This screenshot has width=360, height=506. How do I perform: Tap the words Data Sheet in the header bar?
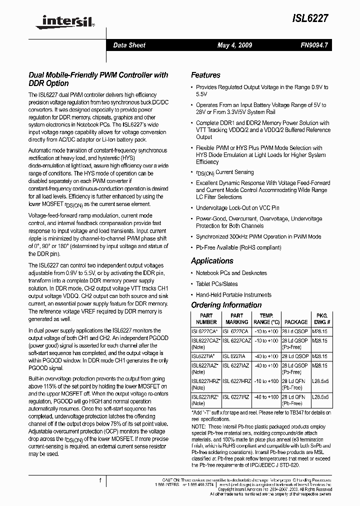(129, 45)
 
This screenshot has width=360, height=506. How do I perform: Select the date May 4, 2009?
(234, 45)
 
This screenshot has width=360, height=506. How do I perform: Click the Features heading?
(205, 75)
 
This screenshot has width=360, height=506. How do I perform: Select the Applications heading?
(212, 260)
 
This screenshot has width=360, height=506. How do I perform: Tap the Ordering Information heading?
(226, 305)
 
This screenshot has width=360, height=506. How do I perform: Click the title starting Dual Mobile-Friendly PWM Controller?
(98, 79)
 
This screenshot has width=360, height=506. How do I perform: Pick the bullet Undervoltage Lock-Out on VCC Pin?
(237, 207)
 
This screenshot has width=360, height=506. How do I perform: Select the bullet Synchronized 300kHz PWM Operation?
(258, 236)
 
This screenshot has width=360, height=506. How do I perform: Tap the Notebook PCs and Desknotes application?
(231, 273)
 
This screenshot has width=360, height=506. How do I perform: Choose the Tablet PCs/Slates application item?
(216, 284)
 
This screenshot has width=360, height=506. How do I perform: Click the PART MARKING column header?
(237, 319)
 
